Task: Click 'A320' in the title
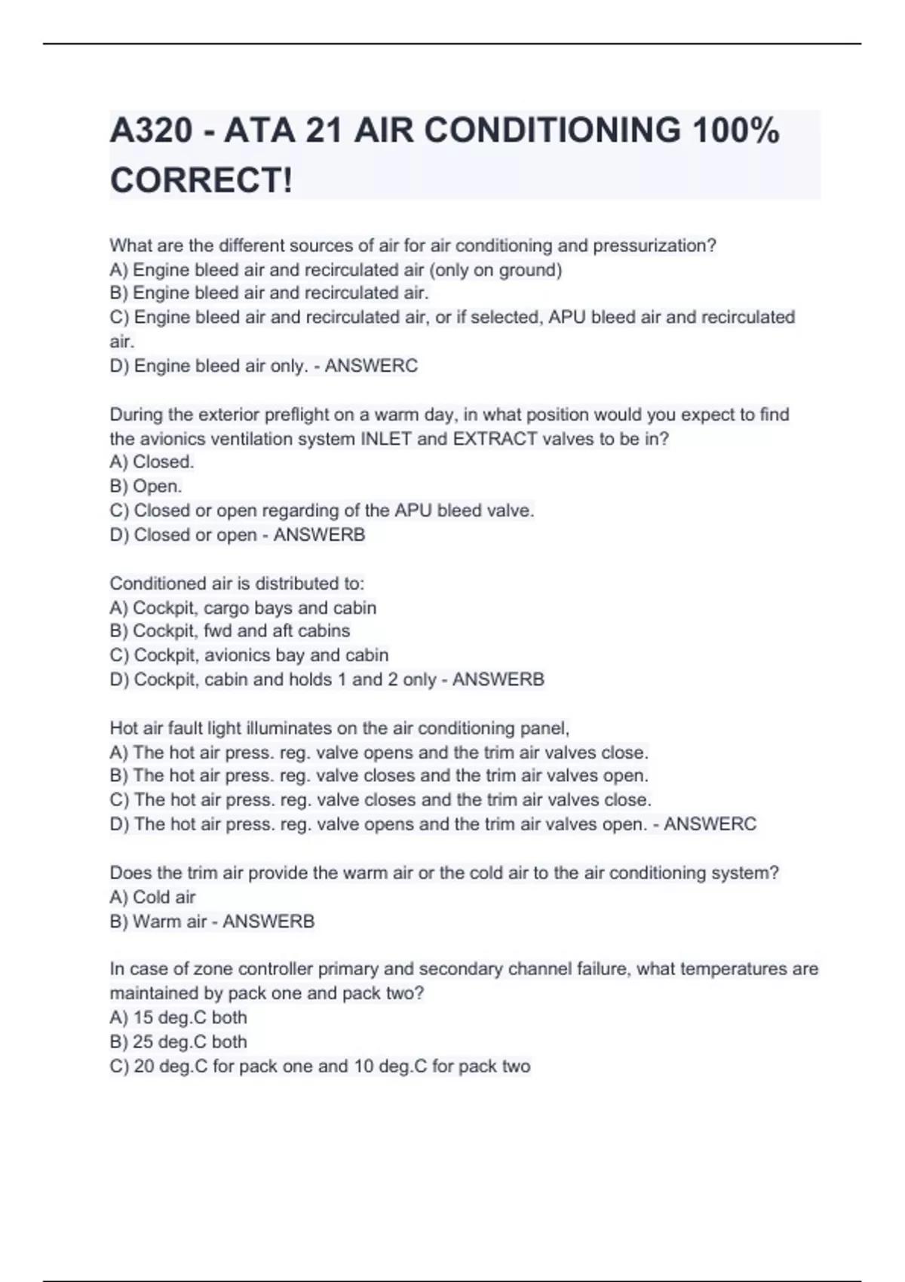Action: [x=152, y=131]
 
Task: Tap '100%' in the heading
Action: [x=736, y=131]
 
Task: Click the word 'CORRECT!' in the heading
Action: [x=201, y=181]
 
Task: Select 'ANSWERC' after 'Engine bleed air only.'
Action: [x=371, y=366]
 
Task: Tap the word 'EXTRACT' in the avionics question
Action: [x=495, y=439]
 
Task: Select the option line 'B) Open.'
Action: [x=146, y=486]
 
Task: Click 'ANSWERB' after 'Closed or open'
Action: [x=319, y=535]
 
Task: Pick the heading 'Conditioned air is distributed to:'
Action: [x=237, y=584]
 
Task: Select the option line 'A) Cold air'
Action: [x=152, y=897]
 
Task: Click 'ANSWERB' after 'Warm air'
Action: [x=268, y=922]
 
